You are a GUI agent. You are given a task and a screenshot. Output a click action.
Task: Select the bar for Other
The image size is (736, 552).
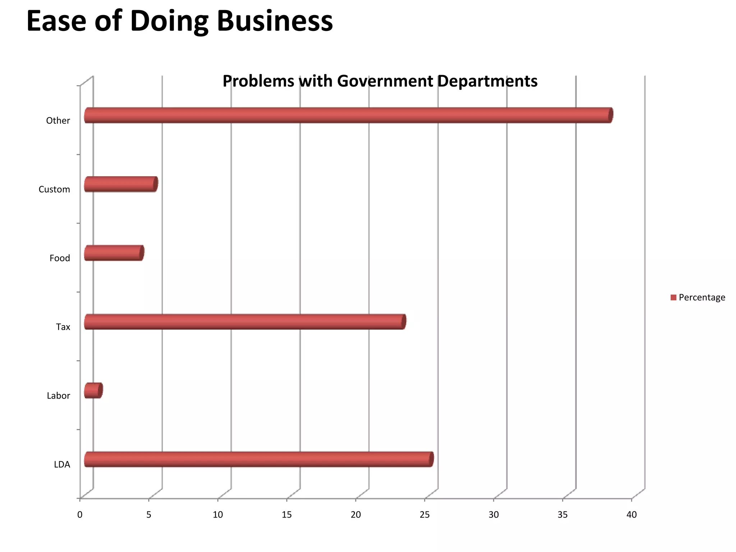point(348,115)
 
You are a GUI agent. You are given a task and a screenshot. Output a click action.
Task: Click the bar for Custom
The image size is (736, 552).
point(121,184)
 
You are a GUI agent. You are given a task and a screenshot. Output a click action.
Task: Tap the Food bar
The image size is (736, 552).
point(114,253)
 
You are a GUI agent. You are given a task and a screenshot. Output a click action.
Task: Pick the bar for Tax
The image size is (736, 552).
point(244,322)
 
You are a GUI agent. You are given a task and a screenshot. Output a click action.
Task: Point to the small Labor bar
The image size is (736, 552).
point(93,391)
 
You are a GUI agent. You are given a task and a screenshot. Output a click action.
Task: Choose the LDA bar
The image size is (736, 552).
point(258,459)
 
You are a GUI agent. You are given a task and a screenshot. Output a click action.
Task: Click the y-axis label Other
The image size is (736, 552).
point(58,121)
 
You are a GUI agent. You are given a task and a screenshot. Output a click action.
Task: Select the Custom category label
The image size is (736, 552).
point(54,189)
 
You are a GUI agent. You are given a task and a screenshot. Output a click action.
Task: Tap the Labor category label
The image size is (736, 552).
point(58,396)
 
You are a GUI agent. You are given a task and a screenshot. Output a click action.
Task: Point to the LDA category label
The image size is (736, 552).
point(62,465)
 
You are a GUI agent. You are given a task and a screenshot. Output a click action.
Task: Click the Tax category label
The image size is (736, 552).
point(63,327)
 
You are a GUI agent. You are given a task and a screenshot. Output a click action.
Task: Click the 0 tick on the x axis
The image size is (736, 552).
point(80,515)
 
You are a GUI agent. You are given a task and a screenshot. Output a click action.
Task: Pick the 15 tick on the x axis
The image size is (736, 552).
point(287,515)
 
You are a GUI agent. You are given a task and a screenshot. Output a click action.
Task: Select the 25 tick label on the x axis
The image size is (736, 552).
point(425,515)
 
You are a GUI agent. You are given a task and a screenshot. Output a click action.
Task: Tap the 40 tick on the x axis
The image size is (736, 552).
point(631,515)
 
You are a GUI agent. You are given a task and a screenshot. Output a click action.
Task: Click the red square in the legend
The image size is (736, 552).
point(673,298)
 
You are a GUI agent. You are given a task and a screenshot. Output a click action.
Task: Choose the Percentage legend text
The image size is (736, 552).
point(702,298)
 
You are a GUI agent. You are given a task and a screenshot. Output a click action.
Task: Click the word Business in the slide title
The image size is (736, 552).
point(275,22)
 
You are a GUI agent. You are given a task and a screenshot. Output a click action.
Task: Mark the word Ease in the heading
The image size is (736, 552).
point(56,22)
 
